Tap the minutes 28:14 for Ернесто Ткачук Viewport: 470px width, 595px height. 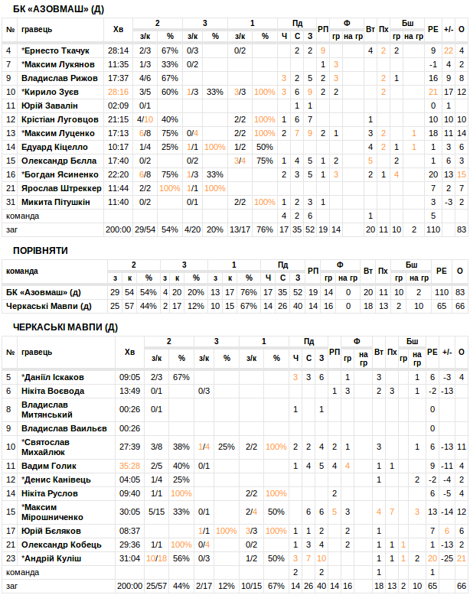(x=118, y=50)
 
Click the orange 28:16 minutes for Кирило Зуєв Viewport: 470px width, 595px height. (x=118, y=92)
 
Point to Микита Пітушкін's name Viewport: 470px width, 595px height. (x=55, y=202)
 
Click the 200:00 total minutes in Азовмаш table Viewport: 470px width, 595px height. (x=118, y=229)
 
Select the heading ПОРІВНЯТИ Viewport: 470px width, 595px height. (x=40, y=251)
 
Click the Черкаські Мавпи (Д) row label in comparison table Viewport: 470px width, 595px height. (x=48, y=306)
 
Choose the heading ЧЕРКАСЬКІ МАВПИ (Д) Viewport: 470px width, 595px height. (x=65, y=327)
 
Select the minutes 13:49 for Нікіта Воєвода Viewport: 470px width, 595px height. (x=129, y=391)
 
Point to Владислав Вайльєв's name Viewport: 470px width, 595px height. (x=64, y=428)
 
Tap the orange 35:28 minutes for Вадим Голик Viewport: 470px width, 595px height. (x=129, y=465)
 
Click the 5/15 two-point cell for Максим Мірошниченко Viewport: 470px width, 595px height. (x=156, y=512)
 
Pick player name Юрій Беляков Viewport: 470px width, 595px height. (x=51, y=530)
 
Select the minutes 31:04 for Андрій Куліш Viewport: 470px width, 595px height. (x=129, y=558)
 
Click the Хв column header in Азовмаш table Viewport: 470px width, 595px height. (x=118, y=29)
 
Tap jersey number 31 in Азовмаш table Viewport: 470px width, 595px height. (x=10, y=202)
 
